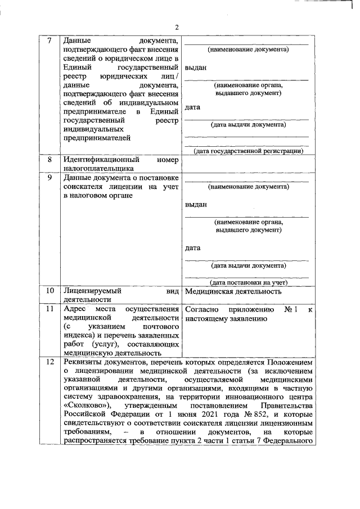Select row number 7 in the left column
click(49, 41)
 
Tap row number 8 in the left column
click(49, 160)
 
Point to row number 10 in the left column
click(49, 291)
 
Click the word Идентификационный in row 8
click(98, 160)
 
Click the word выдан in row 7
click(195, 68)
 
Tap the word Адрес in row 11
click(74, 310)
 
